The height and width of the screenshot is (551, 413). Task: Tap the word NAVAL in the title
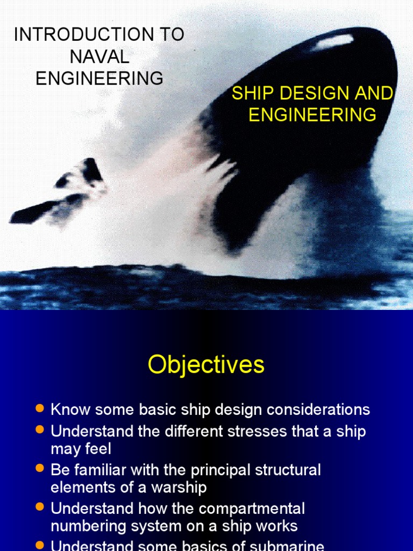click(99, 56)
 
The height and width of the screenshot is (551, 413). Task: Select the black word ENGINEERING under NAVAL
click(99, 78)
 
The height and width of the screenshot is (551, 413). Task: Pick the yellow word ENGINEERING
click(312, 115)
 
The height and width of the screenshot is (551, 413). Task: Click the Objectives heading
click(206, 365)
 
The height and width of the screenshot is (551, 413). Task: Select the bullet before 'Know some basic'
click(39, 408)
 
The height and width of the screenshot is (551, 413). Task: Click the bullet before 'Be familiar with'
click(39, 469)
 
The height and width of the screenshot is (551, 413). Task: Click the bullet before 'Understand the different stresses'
click(39, 430)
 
